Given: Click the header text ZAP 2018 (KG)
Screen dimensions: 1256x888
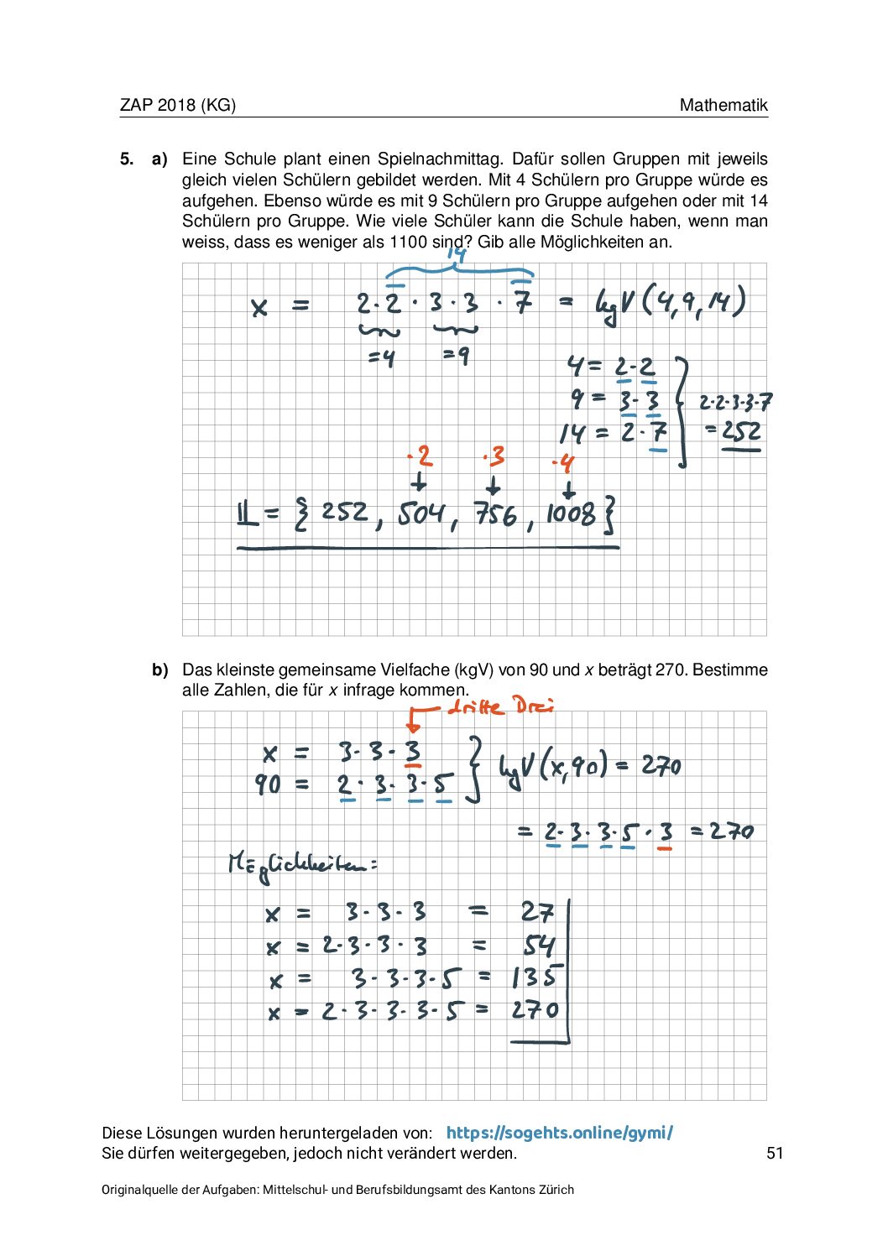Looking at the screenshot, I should [x=177, y=105].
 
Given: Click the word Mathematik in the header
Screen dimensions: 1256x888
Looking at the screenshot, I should [x=723, y=105].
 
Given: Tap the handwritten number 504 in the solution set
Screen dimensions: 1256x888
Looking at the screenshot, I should [x=423, y=513].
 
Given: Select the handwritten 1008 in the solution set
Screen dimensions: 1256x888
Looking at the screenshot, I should [x=571, y=513].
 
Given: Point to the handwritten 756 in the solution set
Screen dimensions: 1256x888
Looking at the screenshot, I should [x=495, y=513].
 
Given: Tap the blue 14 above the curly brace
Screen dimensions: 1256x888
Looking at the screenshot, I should [x=456, y=254].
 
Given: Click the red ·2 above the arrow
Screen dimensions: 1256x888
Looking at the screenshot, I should [x=420, y=456].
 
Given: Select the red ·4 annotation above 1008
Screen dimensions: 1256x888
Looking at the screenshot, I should [x=563, y=463].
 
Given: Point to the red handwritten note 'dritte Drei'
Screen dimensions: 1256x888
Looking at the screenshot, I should [x=500, y=706].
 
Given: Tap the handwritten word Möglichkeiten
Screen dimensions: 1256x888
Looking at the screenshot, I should [x=302, y=864].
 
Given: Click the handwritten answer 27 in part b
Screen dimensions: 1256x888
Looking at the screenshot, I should [x=537, y=912].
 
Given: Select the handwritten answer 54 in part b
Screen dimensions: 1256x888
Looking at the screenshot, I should [x=539, y=946].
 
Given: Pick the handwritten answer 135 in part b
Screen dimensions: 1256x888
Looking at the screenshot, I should [x=535, y=977].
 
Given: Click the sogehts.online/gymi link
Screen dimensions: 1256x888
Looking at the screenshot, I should [x=559, y=1133].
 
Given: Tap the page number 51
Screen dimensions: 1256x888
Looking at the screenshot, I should [x=775, y=1153].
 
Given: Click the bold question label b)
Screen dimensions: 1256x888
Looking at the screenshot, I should [x=160, y=670].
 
